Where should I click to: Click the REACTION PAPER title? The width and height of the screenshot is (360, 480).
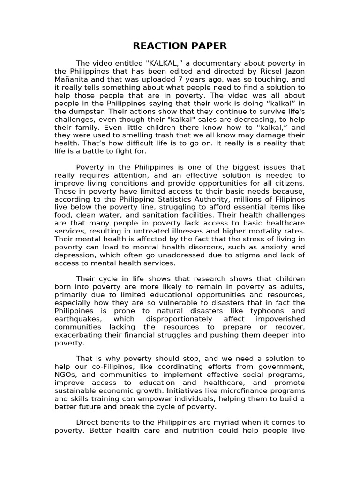pyautogui.click(x=180, y=45)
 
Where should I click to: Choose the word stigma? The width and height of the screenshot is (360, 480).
pyautogui.click(x=251, y=255)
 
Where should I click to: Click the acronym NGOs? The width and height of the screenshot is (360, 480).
pyautogui.click(x=66, y=374)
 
